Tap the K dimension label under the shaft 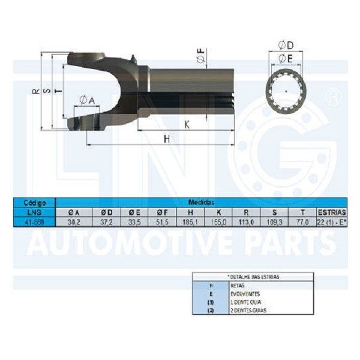point(187,125)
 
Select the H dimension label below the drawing point(167,139)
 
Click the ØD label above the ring point(286,46)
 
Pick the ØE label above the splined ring point(286,58)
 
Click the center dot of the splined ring point(286,91)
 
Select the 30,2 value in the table point(74,221)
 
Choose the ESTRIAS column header point(331,212)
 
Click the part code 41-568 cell point(34,221)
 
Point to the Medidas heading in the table point(201,203)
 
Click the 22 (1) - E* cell point(331,221)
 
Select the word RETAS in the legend point(237,286)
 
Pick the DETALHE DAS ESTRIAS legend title point(254,277)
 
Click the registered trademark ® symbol point(335,96)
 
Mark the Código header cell point(34,203)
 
